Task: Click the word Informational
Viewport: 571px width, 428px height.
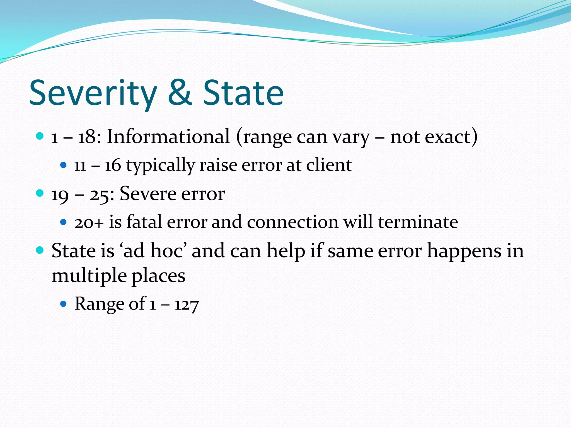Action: [x=168, y=137]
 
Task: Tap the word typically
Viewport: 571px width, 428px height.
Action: [x=160, y=166]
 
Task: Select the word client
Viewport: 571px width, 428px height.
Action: [x=329, y=165]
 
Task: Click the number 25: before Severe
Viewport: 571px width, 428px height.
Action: [x=102, y=194]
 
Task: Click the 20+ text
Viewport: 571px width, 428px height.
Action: [x=89, y=223]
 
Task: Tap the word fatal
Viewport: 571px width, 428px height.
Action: [x=144, y=222]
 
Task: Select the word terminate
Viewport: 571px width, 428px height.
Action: [x=418, y=222]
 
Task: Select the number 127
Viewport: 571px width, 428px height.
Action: [x=187, y=305]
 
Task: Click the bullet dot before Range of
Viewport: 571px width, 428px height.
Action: [x=64, y=304]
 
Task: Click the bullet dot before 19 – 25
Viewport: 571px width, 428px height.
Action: [x=40, y=193]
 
